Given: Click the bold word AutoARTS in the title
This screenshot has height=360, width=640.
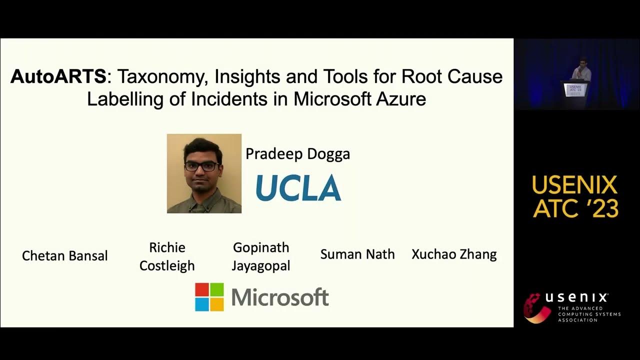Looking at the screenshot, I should [58, 76].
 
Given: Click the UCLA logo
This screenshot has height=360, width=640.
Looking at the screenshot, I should [298, 188].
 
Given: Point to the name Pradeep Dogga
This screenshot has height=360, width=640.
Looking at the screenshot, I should [297, 153].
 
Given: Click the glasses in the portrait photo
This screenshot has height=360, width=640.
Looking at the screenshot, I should [201, 166].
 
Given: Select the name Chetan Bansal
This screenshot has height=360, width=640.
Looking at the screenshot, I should [65, 256].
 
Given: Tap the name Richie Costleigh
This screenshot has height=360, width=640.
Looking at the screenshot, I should [167, 256].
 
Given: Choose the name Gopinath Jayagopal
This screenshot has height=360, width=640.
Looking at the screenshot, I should [260, 256].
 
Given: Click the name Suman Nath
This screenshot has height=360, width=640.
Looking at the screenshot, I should [357, 254].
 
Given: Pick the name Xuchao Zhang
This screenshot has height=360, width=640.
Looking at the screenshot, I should [454, 254].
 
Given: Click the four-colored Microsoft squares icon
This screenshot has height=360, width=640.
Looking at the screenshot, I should [209, 297].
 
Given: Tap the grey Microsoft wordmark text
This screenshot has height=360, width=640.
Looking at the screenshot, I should [280, 297].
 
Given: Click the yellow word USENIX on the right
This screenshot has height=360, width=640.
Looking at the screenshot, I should [574, 185].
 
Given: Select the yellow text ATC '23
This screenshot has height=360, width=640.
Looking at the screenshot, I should [575, 208].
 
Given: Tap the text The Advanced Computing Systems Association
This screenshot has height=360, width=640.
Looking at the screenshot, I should [589, 314].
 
